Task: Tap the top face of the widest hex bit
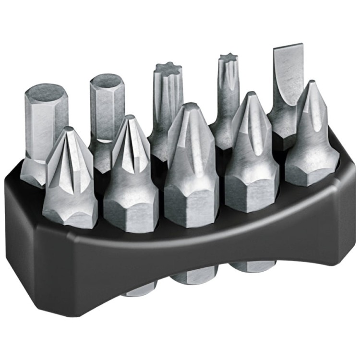[46, 93]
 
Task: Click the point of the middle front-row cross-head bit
[191, 106]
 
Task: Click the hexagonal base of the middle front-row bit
[191, 204]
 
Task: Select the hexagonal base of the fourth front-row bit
[252, 190]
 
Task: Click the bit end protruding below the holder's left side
[139, 288]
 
